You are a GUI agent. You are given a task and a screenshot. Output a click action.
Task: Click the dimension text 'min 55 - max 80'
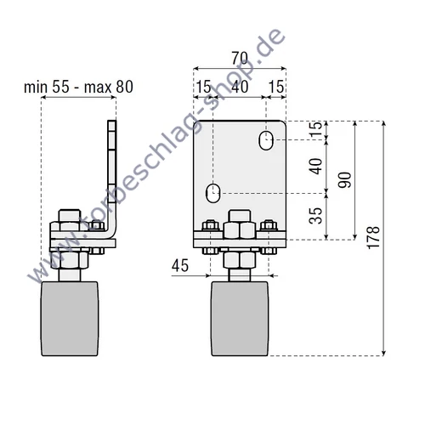pos(78,86)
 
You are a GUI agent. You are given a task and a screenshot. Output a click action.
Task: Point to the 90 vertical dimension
pos(344,180)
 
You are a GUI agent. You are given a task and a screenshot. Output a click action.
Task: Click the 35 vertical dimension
pos(316,218)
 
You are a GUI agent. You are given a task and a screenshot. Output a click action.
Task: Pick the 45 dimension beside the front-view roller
pos(179,266)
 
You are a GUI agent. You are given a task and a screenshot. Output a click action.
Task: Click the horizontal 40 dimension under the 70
pos(240,88)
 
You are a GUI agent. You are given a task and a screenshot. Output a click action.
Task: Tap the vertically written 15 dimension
pos(316,130)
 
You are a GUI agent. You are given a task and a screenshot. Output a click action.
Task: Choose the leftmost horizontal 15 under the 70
pos(204,88)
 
